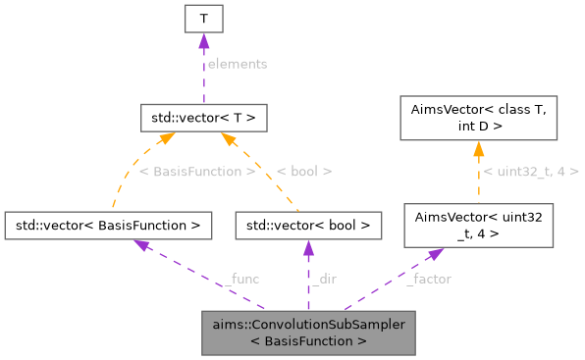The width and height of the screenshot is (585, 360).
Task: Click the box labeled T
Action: coord(202,19)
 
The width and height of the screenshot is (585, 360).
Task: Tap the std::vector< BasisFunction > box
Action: coord(108,226)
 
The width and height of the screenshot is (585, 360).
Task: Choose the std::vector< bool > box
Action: coord(307,226)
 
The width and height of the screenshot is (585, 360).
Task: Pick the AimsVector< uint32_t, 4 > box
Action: coord(480,226)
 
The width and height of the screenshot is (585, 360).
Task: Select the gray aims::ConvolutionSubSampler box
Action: coord(307,333)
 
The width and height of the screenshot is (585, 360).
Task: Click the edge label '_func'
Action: coord(241,279)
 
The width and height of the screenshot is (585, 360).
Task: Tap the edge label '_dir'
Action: coord(327,279)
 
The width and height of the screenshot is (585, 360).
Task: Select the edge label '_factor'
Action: coord(428,279)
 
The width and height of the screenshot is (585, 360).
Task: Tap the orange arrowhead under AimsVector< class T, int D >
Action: coord(479,148)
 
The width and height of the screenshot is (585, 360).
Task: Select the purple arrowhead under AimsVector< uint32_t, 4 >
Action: coord(435,252)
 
